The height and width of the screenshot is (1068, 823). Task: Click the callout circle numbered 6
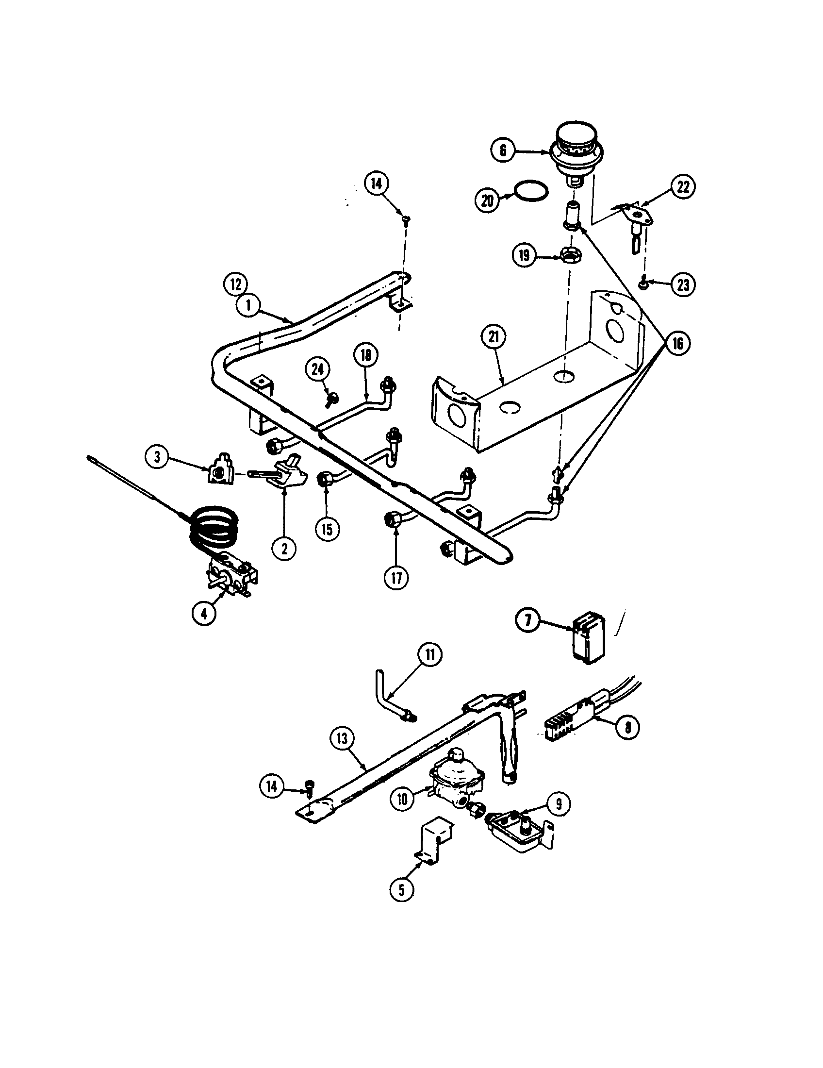click(x=503, y=150)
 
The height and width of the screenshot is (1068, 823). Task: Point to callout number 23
click(x=683, y=285)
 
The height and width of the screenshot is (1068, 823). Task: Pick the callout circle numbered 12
click(x=236, y=284)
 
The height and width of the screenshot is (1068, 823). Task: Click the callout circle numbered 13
click(x=342, y=752)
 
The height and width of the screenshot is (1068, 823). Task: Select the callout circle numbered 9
click(x=559, y=803)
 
